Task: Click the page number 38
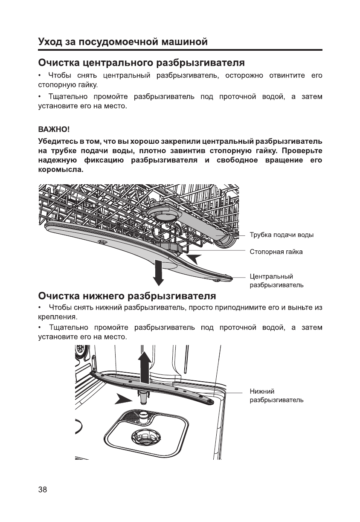point(43,489)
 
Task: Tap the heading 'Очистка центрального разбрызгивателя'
point(141,63)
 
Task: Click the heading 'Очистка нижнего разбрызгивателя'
point(127,296)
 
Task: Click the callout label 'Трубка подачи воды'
point(282,235)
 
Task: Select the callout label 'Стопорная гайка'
point(276,252)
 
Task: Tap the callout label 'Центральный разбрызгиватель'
point(276,281)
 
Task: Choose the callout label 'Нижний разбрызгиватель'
point(276,395)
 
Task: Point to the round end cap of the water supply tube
point(225,242)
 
